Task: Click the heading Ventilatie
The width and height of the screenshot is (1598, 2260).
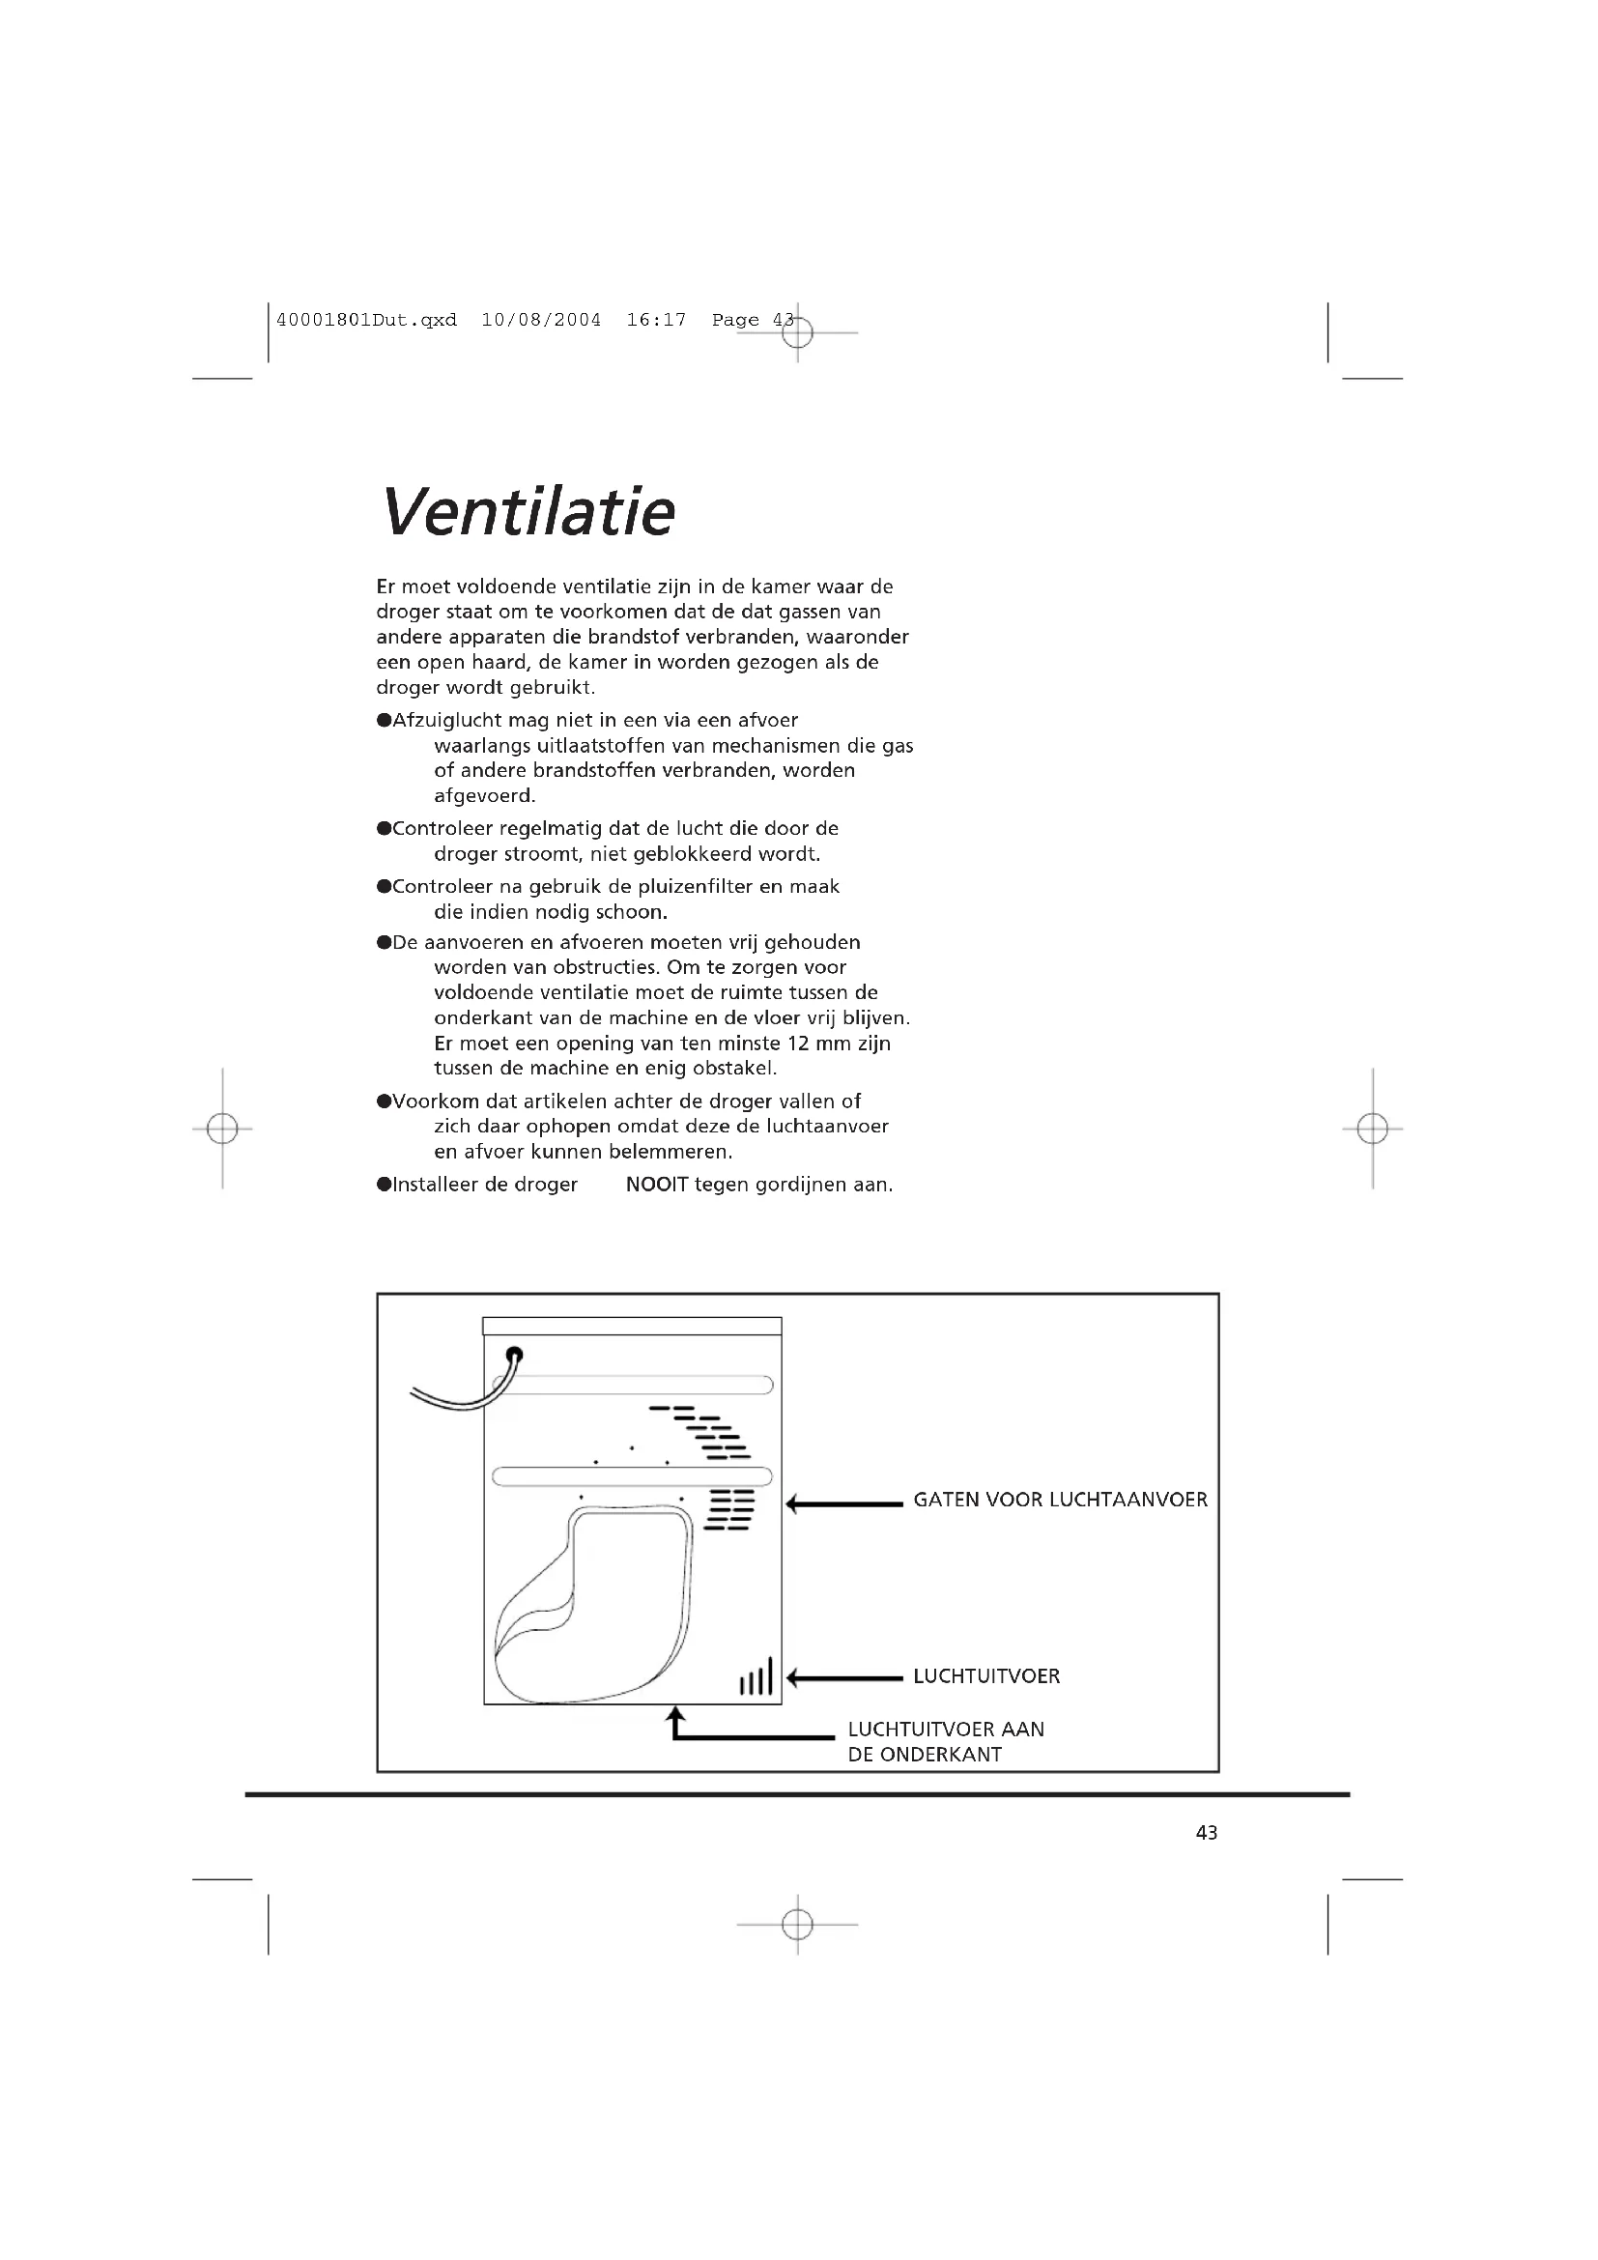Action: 528,512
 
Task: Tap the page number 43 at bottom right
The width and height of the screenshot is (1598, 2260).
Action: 1207,1832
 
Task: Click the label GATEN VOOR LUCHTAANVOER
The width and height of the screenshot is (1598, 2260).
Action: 1060,1501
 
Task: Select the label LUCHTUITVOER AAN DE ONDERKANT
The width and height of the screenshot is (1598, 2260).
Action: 945,1741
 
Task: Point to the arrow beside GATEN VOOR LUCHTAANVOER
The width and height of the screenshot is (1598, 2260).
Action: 844,1504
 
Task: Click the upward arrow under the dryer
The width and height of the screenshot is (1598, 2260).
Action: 676,1722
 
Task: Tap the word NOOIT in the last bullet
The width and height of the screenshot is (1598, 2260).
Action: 656,1185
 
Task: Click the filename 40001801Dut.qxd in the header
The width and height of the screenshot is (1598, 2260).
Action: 367,320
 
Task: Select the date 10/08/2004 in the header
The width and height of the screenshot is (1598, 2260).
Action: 541,320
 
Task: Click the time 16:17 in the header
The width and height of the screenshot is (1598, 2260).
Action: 656,320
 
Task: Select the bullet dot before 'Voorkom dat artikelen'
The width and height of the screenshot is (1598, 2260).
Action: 384,1101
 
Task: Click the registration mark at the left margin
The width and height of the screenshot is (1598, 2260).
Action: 222,1128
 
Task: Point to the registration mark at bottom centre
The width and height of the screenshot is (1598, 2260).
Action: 797,1925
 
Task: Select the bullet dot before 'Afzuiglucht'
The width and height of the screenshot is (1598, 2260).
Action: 384,721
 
